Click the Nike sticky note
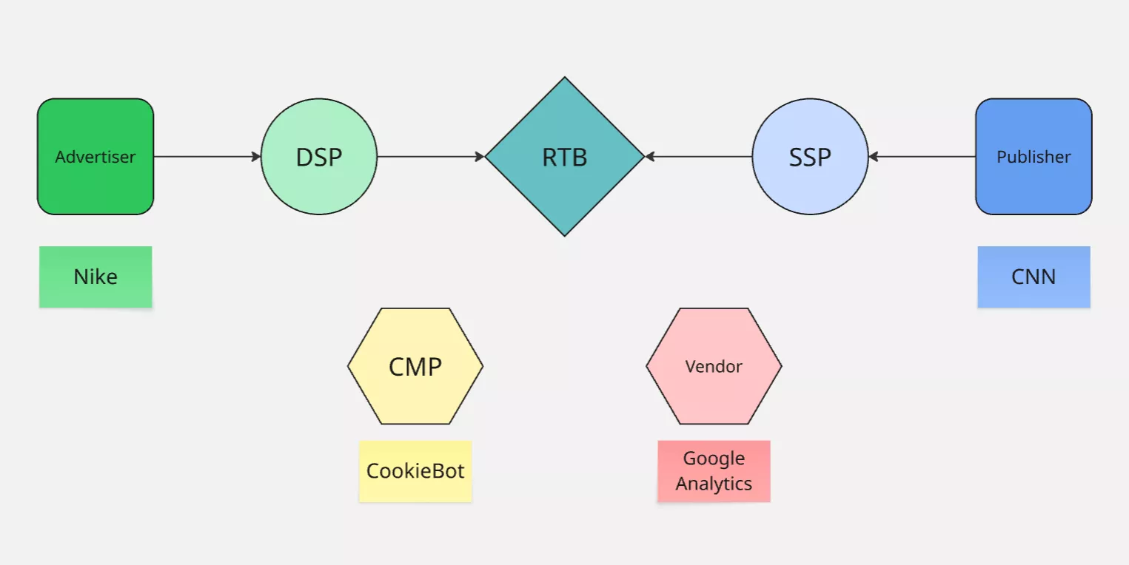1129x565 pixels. (96, 277)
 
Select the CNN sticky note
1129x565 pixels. (1033, 277)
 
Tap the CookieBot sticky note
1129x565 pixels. (415, 471)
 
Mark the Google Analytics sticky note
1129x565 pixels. (714, 471)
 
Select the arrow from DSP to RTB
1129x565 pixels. (429, 157)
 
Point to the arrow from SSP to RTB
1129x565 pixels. (700, 157)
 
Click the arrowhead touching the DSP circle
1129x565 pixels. (256, 157)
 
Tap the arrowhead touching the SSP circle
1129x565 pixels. (874, 157)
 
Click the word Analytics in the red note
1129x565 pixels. (714, 484)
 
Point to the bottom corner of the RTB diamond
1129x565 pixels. (565, 234)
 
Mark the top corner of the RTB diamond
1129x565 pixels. (565, 79)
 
